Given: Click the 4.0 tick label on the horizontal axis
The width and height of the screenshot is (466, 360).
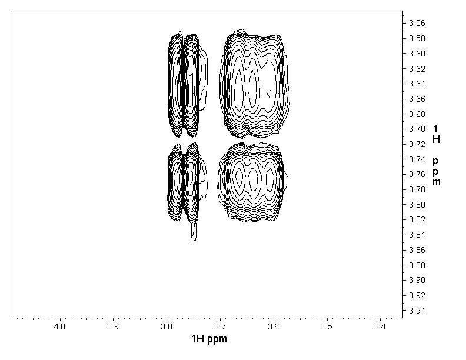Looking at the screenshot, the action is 59,326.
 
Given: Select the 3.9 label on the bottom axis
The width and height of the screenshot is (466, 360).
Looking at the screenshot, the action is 113,326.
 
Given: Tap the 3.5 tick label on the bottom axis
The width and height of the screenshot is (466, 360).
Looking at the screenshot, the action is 327,326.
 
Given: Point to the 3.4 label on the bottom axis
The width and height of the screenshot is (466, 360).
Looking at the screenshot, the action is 380,326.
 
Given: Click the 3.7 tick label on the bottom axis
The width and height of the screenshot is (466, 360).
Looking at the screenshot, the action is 220,326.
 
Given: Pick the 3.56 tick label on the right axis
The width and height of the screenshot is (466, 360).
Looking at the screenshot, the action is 417,23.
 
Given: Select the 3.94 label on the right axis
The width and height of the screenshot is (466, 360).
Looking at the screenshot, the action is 417,311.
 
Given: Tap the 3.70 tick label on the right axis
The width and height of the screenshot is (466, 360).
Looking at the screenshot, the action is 417,129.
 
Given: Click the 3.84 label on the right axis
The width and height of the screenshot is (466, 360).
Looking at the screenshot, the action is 417,235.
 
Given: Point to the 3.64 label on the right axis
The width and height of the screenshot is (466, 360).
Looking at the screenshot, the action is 417,84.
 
